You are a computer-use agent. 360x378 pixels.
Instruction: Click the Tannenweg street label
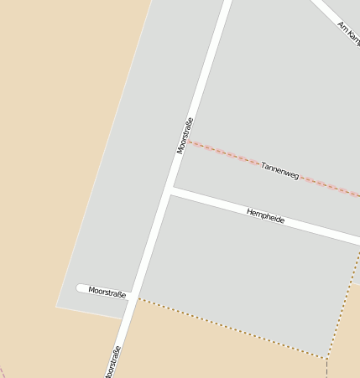coord(279,170)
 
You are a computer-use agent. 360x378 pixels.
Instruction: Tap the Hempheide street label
coord(265,216)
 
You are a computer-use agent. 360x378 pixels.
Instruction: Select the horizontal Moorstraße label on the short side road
coord(107,293)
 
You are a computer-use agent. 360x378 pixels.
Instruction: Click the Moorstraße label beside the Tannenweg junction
coord(185,135)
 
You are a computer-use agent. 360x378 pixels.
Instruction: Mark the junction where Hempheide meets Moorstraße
coord(170,191)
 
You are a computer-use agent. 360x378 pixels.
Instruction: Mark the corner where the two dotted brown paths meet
coord(326,358)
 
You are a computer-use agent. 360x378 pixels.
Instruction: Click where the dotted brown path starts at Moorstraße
coord(139,298)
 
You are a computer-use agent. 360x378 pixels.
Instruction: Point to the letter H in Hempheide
coord(249,211)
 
